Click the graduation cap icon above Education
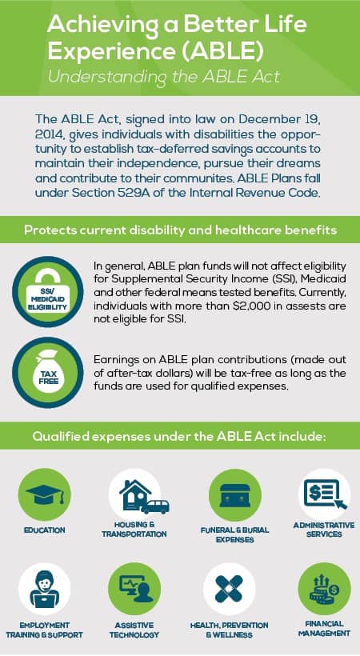click(45, 494)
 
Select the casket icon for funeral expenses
click(235, 495)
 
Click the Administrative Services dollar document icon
click(325, 494)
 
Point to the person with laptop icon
click(44, 589)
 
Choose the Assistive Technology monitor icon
click(134, 589)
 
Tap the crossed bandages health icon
click(229, 589)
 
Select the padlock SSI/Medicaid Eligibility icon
click(48, 292)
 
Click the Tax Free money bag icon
click(48, 373)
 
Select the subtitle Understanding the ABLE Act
click(163, 77)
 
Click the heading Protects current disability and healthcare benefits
click(180, 230)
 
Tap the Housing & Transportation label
click(134, 530)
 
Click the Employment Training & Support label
click(44, 630)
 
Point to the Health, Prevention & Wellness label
click(229, 630)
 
